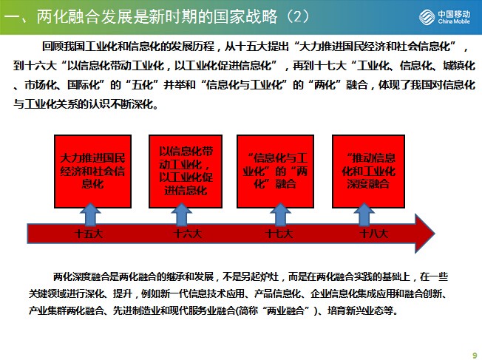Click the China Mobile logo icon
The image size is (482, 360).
point(427,16)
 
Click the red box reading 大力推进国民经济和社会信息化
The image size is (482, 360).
point(93,171)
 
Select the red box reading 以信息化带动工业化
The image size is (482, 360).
point(186,171)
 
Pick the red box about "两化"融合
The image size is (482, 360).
point(276,171)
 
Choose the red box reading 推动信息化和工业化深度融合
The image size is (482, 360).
point(368,171)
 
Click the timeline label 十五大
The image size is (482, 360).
point(89,234)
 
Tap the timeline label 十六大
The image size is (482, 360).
point(187,234)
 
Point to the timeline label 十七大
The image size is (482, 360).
point(279,234)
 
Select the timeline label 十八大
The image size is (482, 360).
point(374,234)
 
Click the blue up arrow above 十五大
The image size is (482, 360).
point(90,214)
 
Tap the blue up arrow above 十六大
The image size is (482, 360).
point(182,214)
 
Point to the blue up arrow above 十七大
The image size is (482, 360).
point(280,214)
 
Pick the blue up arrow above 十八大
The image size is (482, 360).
point(364,214)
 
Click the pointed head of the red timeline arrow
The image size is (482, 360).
point(435,234)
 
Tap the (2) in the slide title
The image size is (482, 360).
point(297,16)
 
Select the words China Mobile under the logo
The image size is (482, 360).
point(454,21)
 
